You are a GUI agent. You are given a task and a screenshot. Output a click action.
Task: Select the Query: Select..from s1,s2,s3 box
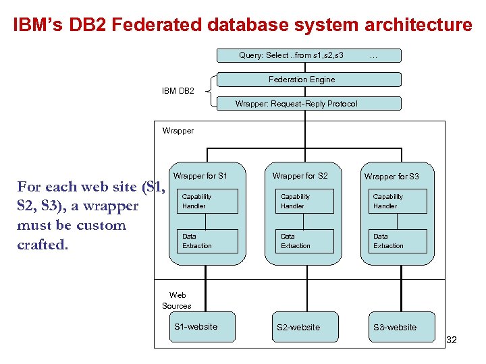click(x=308, y=55)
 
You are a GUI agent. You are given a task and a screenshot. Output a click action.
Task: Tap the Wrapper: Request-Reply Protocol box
click(x=308, y=104)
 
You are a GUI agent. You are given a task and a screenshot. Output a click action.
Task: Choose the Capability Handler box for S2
click(x=306, y=202)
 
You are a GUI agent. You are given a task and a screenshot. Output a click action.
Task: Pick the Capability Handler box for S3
click(x=399, y=202)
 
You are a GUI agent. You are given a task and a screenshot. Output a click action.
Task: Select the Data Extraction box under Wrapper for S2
click(x=306, y=241)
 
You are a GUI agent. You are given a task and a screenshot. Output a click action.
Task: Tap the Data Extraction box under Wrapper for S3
click(x=399, y=241)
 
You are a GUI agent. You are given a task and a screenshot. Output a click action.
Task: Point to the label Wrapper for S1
click(x=200, y=176)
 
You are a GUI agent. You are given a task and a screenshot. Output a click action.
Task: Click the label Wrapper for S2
click(x=300, y=176)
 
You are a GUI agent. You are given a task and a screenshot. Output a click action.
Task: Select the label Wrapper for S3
click(x=391, y=177)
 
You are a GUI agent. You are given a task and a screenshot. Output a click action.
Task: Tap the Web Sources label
click(x=177, y=301)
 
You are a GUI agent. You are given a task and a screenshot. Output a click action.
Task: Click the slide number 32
click(x=452, y=340)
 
